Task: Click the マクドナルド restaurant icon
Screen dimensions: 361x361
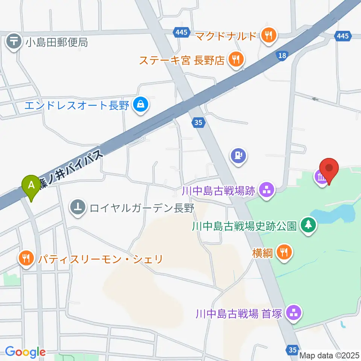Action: click(268, 36)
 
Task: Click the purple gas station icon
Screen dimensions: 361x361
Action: click(238, 155)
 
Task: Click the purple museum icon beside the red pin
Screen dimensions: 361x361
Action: click(322, 176)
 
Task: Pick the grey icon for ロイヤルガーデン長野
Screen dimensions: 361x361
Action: click(78, 208)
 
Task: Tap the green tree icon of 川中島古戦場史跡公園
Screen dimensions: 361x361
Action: click(308, 226)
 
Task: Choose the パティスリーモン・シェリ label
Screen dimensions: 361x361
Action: click(100, 259)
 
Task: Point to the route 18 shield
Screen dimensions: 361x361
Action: click(283, 56)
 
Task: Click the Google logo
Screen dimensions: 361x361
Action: click(25, 352)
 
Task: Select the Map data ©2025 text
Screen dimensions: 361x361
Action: click(329, 355)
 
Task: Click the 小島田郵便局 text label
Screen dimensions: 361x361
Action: click(57, 42)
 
